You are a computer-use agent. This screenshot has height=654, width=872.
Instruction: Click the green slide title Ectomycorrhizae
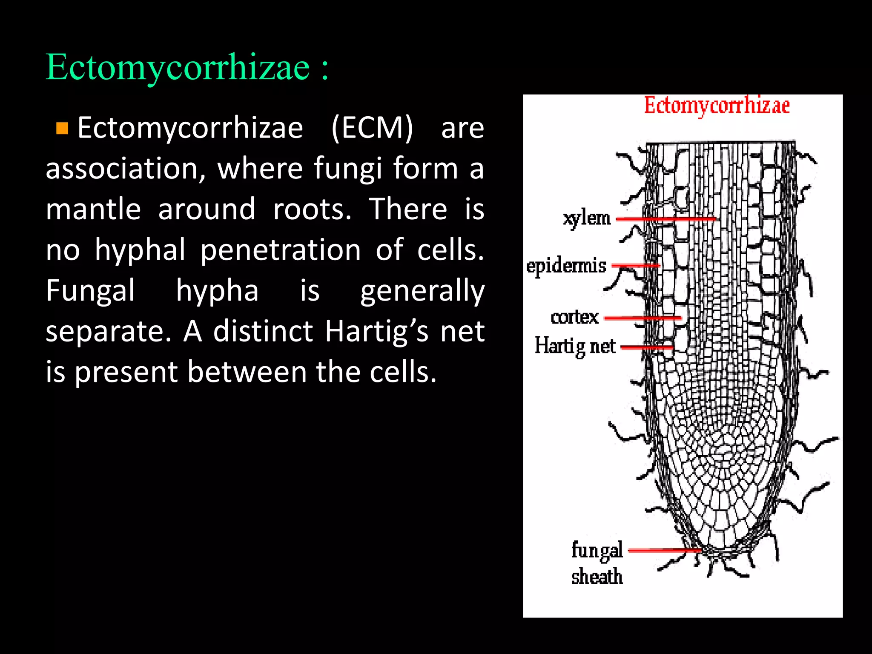tap(178, 67)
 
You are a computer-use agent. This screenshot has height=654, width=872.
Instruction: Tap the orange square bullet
tap(62, 128)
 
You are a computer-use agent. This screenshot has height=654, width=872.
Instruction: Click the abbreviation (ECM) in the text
tap(372, 128)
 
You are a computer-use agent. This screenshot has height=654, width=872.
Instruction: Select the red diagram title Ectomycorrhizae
tap(717, 106)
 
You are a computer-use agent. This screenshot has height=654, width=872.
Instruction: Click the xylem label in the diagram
tap(587, 218)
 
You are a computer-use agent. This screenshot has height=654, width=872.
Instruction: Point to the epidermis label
tap(566, 266)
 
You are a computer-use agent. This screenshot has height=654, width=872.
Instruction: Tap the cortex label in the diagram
tap(574, 317)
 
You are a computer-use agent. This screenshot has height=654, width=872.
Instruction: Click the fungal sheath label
tap(597, 563)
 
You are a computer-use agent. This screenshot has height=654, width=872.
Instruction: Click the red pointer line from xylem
tap(666, 219)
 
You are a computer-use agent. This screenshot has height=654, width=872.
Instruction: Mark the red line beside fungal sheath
tap(664, 550)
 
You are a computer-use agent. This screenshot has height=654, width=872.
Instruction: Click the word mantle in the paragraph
tap(93, 209)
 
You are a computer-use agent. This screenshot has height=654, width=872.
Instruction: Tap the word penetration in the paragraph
tap(281, 250)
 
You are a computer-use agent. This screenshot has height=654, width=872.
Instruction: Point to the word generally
tap(422, 291)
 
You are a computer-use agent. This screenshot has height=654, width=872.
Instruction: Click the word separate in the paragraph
tap(108, 331)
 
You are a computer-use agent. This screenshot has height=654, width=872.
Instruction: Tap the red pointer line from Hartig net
tap(647, 347)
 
